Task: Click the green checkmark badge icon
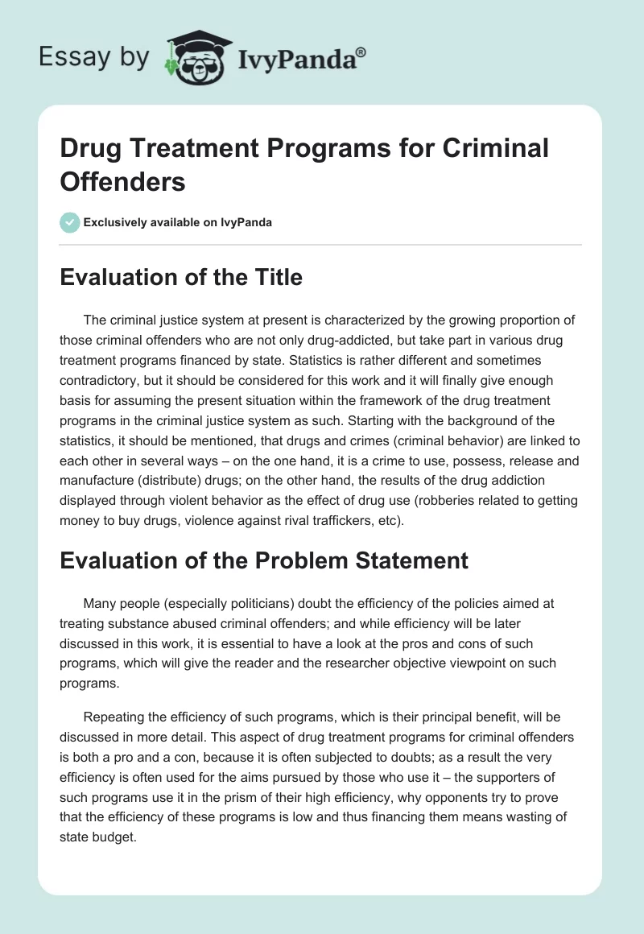[70, 222]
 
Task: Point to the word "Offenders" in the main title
[122, 181]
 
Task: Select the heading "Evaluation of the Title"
[181, 278]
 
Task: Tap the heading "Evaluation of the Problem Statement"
[264, 560]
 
